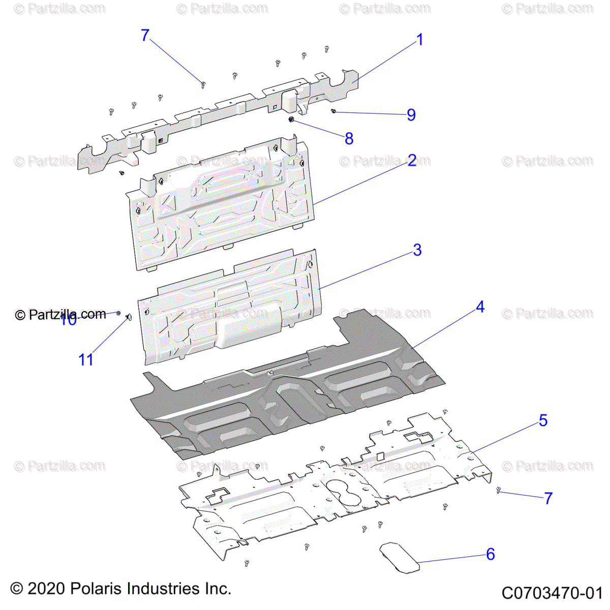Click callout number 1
[x=419, y=40]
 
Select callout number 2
[x=412, y=161]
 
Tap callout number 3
[x=417, y=250]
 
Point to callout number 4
[x=480, y=307]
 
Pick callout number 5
[x=543, y=421]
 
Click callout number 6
[x=490, y=554]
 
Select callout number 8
[x=349, y=138]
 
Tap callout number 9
[x=411, y=115]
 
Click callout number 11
[x=85, y=360]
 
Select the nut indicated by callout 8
[x=291, y=120]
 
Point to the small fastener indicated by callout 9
[x=333, y=111]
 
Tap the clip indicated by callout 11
[x=128, y=318]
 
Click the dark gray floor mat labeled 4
[x=285, y=402]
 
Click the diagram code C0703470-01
[x=552, y=593]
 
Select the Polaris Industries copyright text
[x=121, y=589]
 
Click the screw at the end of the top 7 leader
[x=203, y=84]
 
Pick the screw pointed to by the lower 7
[x=499, y=491]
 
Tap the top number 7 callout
[x=145, y=36]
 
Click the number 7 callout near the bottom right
[x=548, y=498]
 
